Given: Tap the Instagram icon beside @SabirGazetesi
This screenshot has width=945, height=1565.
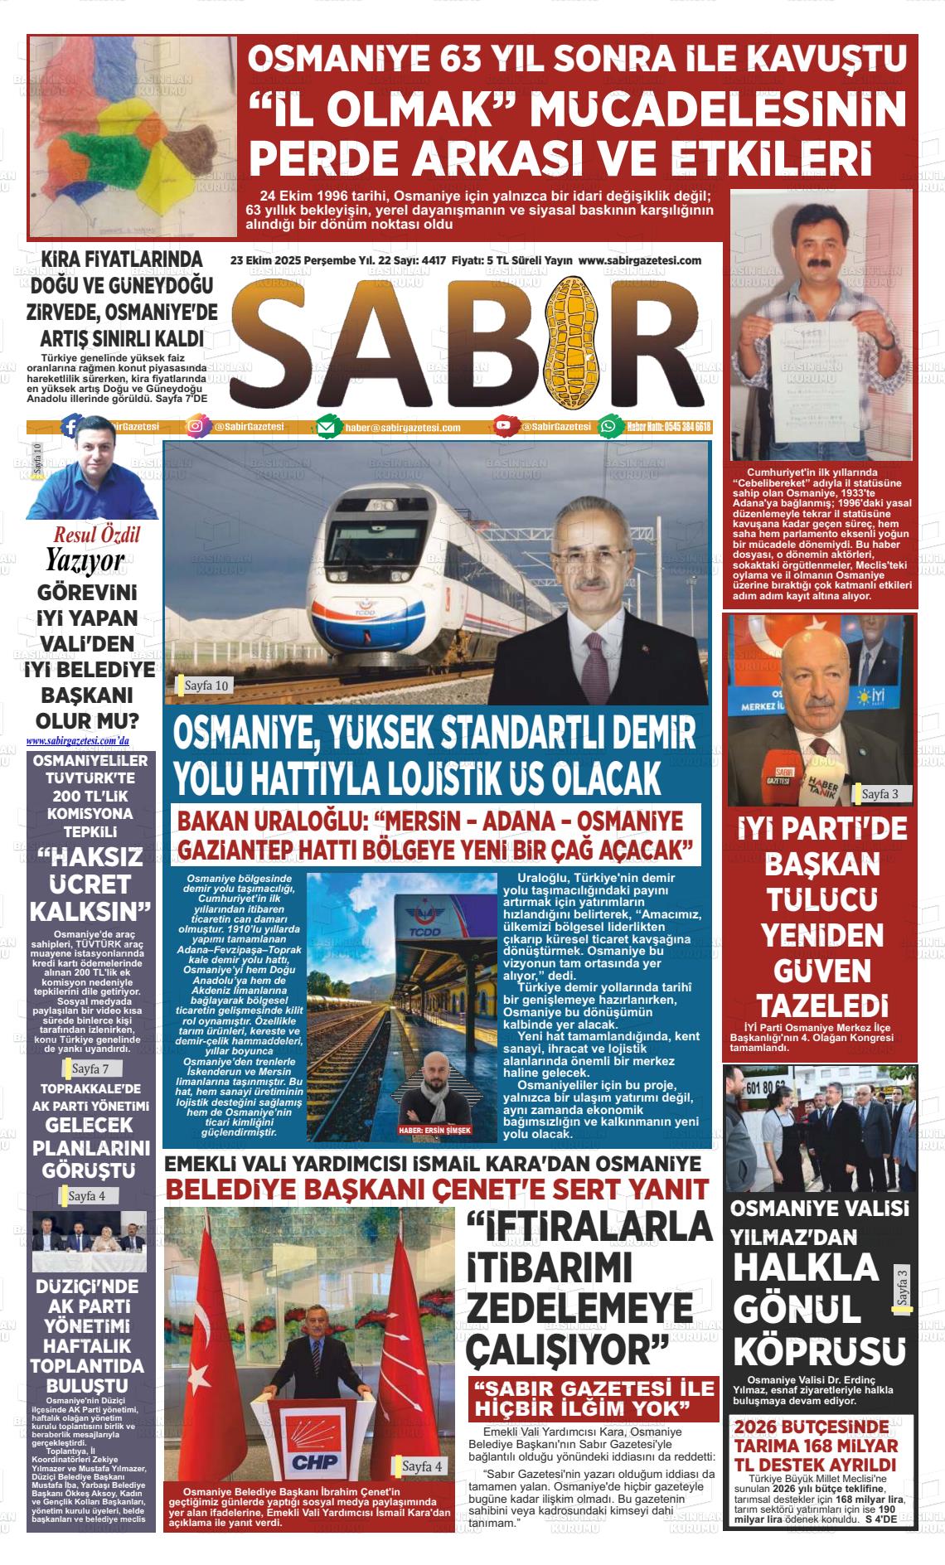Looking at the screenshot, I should point(196,427).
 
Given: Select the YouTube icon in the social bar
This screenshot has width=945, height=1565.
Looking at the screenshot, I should point(502,426).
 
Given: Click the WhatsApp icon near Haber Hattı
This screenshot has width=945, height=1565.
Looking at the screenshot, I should point(609,426).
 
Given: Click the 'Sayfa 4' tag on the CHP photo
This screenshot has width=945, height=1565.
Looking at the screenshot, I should point(421,1466).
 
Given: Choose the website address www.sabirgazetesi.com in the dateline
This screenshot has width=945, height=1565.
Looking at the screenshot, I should point(640,260).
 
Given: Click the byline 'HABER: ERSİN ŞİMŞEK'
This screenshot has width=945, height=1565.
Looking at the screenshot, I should point(434,1130).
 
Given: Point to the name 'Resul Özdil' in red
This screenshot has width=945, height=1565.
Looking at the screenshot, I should point(97,535).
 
